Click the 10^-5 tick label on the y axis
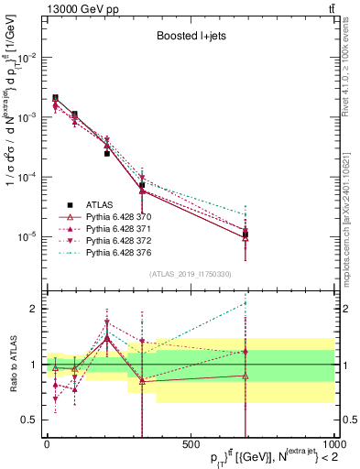tap(27, 236)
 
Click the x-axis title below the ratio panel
tap(257, 458)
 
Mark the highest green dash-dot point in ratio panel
tap(245, 302)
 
